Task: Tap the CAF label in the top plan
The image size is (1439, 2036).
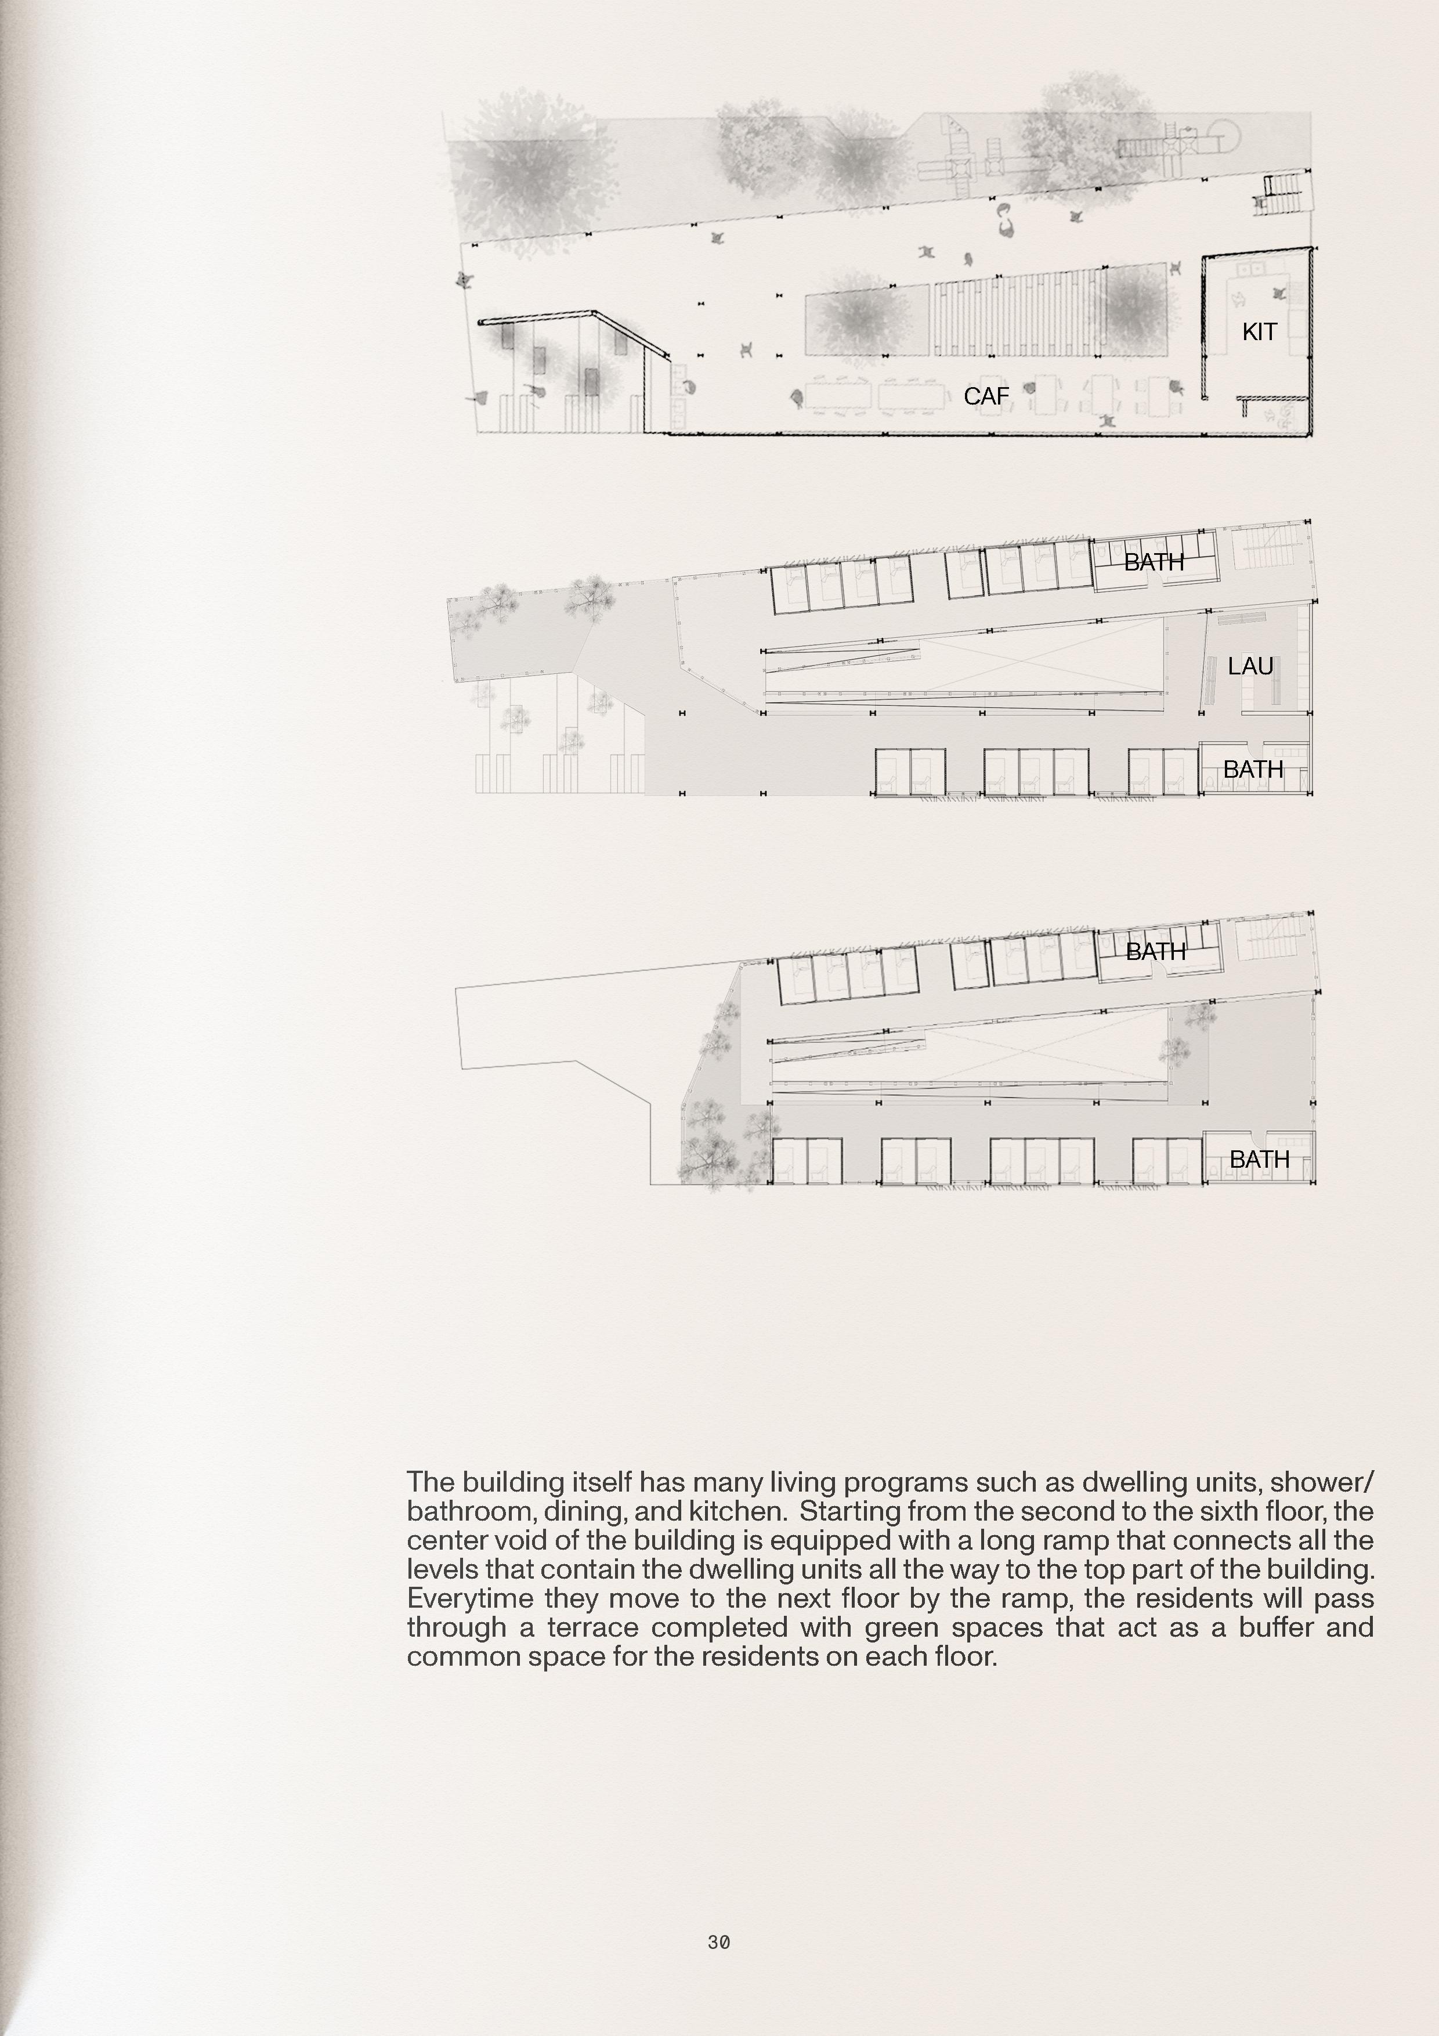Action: (x=986, y=396)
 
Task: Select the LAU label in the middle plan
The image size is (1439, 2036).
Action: (x=1250, y=666)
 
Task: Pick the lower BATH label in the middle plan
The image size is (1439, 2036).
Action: (x=1253, y=770)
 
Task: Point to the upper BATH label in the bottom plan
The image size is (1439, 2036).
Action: (x=1155, y=951)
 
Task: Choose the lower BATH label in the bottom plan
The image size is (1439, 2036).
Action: (x=1259, y=1159)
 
